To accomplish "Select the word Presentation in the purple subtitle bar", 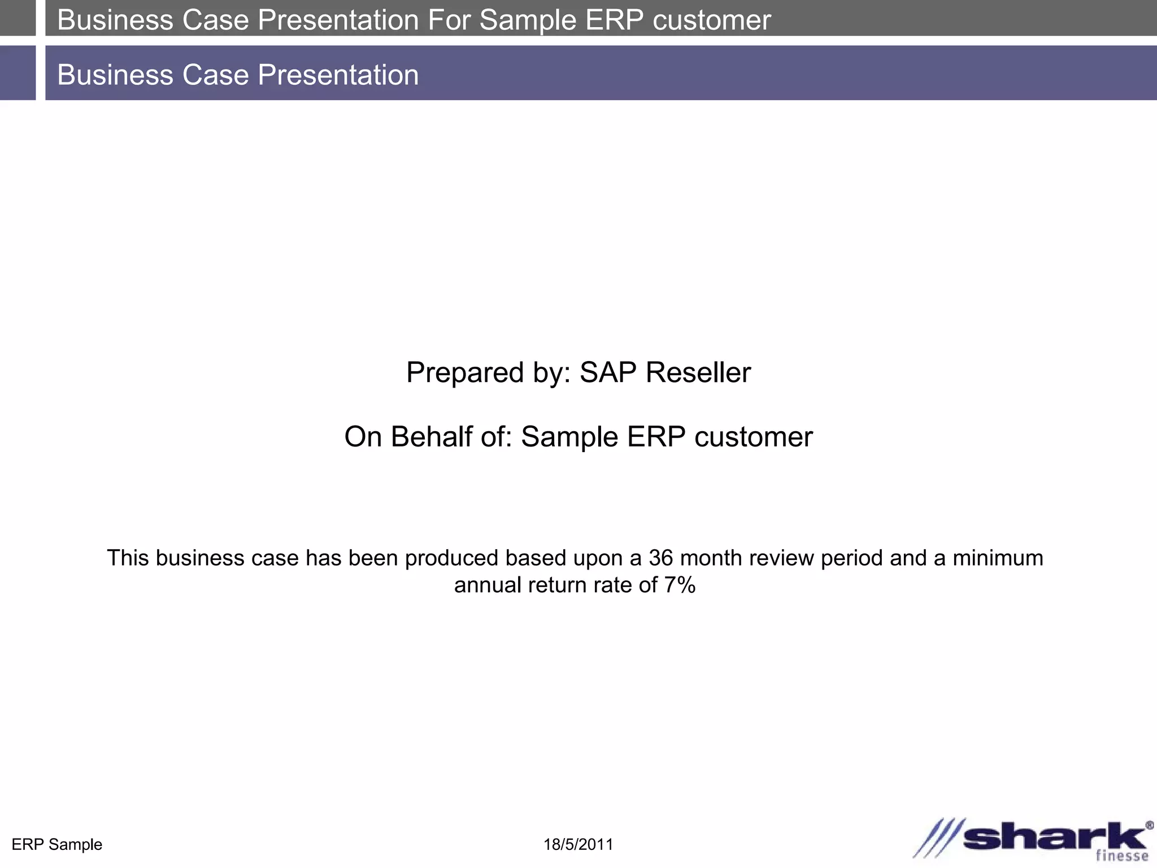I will pos(338,75).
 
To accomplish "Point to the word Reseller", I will pos(698,372).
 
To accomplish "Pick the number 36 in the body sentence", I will pos(660,558).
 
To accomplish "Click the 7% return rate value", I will pos(680,585).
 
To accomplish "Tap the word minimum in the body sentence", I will pos(998,558).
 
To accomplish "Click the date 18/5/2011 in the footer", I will pos(578,845).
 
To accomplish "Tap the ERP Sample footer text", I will pos(57,845).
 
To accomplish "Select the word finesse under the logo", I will pos(1122,856).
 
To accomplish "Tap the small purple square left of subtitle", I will pos(18,73).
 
